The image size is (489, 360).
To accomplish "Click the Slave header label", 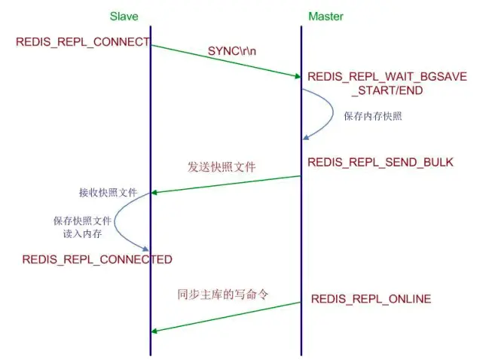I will (124, 16).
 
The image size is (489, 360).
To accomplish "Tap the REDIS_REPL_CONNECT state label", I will (82, 42).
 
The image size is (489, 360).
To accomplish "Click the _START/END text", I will (387, 90).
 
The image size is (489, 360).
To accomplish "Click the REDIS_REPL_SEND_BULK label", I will (381, 162).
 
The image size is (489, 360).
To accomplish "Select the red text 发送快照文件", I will (222, 167).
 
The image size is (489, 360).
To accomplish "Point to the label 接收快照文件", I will (108, 193).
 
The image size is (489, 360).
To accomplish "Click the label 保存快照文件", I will (82, 221).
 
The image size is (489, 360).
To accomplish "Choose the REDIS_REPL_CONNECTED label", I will (97, 260).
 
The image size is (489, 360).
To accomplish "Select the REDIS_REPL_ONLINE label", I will (371, 299).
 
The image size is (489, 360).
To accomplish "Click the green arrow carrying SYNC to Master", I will (226, 60).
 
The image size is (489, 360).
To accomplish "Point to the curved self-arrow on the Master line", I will (330, 113).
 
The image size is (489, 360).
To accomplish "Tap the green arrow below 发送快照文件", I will (226, 185).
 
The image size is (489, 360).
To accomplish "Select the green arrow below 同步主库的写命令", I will (226, 317).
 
